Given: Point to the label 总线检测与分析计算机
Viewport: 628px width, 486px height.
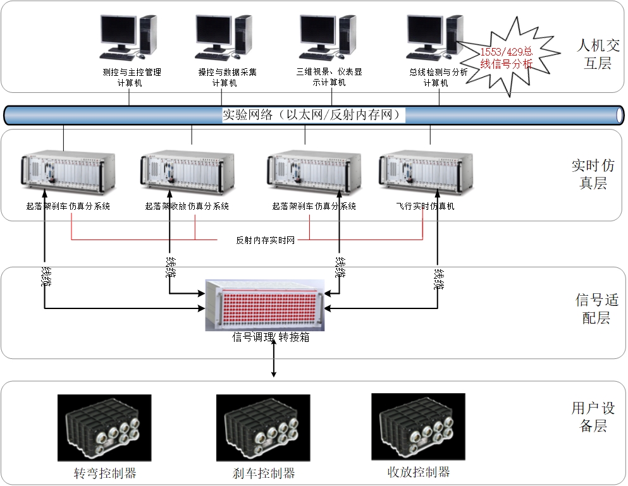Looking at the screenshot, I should (438, 77).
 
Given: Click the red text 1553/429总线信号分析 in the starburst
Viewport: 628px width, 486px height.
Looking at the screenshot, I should (507, 58).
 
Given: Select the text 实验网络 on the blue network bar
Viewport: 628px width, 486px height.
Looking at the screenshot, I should (246, 115).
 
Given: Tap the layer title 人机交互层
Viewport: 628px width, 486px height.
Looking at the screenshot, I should (594, 54).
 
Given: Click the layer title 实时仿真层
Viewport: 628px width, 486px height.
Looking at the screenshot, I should (593, 174).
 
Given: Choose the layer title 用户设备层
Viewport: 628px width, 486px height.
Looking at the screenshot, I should (593, 417).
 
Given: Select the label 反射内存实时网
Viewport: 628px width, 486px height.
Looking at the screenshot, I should (266, 240).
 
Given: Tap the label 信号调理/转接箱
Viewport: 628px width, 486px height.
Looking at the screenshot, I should (271, 337).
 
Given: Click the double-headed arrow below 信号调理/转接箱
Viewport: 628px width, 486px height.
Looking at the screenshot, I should (274, 360).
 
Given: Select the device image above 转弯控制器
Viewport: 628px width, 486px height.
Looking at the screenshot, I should (104, 428).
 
